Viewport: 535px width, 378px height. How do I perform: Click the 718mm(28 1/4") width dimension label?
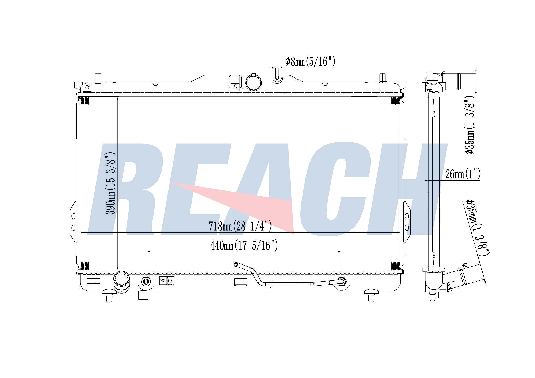(x=240, y=226)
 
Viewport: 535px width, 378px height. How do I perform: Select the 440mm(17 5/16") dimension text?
(x=244, y=245)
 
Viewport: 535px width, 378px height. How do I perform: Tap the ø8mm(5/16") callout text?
(x=310, y=61)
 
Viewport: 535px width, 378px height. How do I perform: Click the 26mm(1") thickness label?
(x=463, y=174)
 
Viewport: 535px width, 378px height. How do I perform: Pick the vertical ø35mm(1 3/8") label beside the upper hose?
(x=470, y=125)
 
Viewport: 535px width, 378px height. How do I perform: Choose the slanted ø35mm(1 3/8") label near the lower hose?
(x=478, y=227)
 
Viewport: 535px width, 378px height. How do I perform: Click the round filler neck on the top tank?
(x=253, y=82)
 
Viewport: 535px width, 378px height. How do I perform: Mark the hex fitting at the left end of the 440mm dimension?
(x=146, y=282)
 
